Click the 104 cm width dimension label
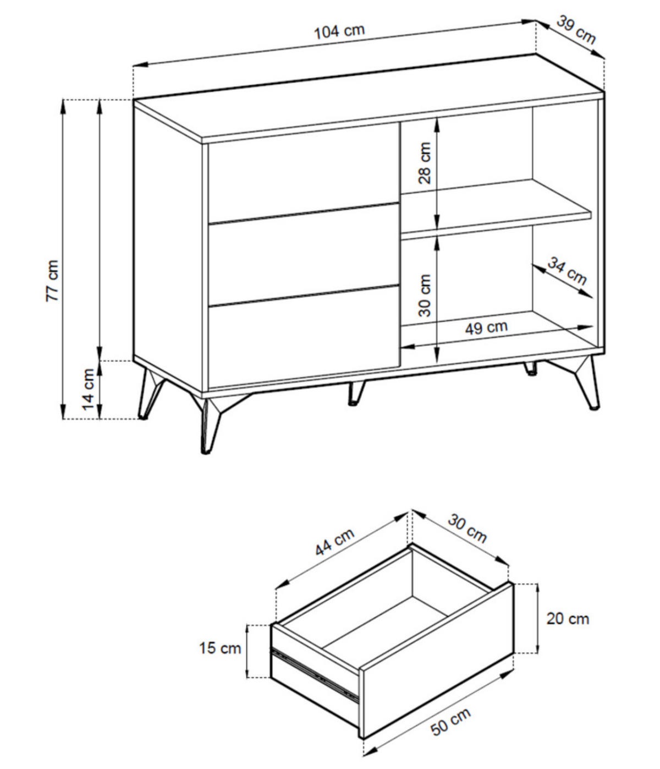pyautogui.click(x=339, y=31)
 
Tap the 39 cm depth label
pyautogui.click(x=576, y=30)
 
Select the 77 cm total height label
pyautogui.click(x=52, y=281)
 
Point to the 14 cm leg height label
pyautogui.click(x=88, y=389)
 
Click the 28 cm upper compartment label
pyautogui.click(x=424, y=162)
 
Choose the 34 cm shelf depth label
pyautogui.click(x=566, y=271)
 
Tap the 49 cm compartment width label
pyautogui.click(x=486, y=328)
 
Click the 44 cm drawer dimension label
pyautogui.click(x=334, y=542)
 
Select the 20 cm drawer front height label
pyautogui.click(x=568, y=619)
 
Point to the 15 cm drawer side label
pyautogui.click(x=220, y=648)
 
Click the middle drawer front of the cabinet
pyautogui.click(x=304, y=255)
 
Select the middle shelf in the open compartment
pyautogui.click(x=497, y=210)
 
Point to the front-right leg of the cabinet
pyautogui.click(x=581, y=383)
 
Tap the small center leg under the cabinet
pyautogui.click(x=356, y=393)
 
